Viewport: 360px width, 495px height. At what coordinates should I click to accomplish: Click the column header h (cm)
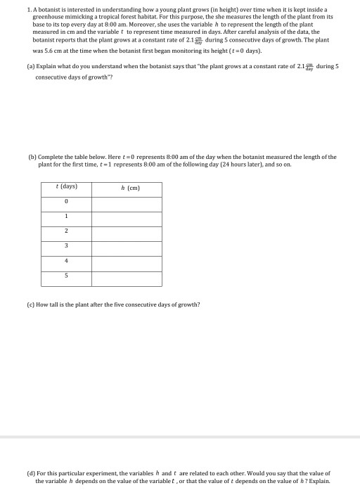tap(127, 188)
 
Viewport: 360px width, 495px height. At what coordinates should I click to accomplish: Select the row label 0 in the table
tap(65, 202)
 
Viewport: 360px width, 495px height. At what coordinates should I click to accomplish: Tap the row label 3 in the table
tap(65, 245)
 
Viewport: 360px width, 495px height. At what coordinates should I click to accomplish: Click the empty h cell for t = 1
tap(127, 217)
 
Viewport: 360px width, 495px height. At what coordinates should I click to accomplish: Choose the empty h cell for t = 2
tap(127, 231)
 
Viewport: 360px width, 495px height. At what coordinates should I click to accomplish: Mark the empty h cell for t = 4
tap(127, 260)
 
